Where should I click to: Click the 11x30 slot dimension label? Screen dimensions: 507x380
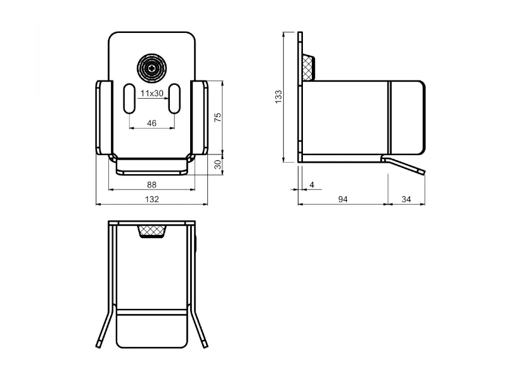click(151, 93)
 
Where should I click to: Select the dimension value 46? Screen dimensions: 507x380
click(151, 123)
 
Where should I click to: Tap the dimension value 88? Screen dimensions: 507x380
click(151, 184)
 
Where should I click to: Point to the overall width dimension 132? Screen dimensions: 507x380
click(152, 199)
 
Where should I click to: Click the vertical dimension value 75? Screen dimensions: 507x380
click(218, 117)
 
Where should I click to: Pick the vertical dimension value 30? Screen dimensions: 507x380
click(218, 165)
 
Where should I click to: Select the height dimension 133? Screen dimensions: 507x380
click(278, 97)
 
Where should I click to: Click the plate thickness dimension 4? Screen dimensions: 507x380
click(312, 184)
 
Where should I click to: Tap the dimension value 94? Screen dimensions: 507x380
click(343, 199)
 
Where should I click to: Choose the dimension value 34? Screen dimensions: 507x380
click(406, 199)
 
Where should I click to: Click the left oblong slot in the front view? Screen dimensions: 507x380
click(129, 99)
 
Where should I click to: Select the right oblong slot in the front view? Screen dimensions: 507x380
click(175, 99)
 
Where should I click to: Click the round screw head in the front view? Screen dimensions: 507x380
click(151, 68)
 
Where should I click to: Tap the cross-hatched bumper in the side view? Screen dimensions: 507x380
click(308, 68)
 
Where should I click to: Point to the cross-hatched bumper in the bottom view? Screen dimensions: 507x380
click(151, 231)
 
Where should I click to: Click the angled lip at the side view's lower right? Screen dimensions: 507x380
click(403, 165)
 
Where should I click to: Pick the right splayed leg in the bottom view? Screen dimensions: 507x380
click(198, 326)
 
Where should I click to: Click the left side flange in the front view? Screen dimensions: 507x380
click(104, 118)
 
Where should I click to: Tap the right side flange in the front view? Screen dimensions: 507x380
click(199, 118)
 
